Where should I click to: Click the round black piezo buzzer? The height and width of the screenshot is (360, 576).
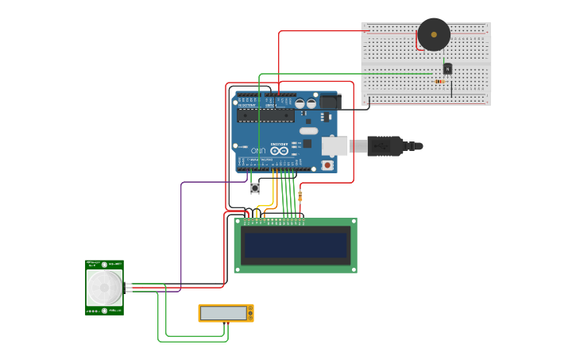(x=434, y=34)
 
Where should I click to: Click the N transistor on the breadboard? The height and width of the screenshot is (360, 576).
(x=447, y=69)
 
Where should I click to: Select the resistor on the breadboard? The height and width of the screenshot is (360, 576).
(x=440, y=80)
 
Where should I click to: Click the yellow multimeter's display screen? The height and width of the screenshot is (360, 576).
(x=224, y=313)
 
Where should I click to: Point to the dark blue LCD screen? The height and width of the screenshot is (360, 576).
(x=296, y=245)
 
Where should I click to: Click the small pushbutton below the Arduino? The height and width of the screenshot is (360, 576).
(x=255, y=188)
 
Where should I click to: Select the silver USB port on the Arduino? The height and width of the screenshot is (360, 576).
(x=334, y=145)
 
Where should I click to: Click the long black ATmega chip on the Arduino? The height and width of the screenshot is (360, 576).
(x=266, y=115)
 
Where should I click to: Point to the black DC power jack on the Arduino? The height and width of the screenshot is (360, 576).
(x=330, y=102)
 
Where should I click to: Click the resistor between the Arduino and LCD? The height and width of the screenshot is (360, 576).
(x=300, y=195)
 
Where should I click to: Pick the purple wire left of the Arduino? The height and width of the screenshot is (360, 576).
(x=181, y=238)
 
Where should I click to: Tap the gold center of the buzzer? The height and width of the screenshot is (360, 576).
(x=434, y=34)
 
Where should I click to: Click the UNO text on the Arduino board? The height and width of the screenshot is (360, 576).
(x=260, y=150)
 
